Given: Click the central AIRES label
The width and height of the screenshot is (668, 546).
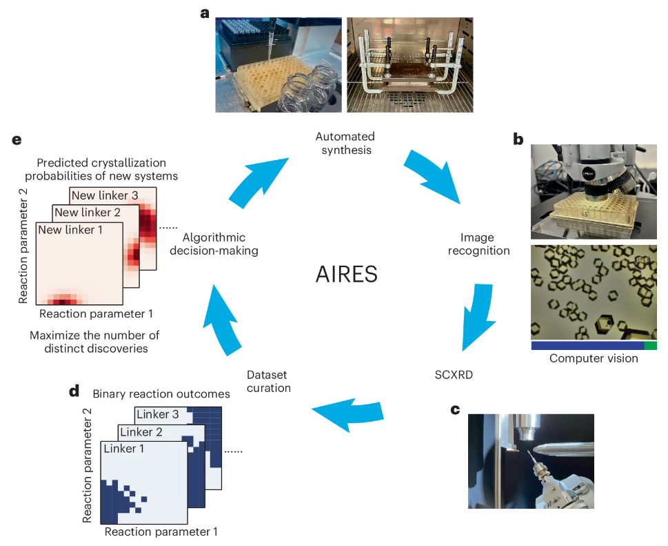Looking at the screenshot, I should (x=347, y=275).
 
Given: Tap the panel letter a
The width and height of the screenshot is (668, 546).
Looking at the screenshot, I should (x=204, y=13).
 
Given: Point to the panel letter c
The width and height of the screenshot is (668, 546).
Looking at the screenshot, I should (x=455, y=410).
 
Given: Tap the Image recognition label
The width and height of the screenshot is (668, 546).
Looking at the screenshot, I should (x=479, y=244).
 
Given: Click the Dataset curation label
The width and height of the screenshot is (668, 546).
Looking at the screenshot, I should (x=269, y=381).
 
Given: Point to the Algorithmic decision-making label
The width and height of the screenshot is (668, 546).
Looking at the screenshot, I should (x=221, y=244).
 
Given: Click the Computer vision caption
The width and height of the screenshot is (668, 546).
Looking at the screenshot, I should (x=594, y=359).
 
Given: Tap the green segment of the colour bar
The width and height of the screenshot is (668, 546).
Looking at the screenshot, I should (x=650, y=346).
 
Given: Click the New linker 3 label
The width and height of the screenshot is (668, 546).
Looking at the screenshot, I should (x=105, y=195).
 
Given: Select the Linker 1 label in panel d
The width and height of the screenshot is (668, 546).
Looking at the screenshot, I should (x=125, y=449).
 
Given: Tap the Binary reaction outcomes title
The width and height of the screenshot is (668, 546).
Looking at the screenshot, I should (x=161, y=394).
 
